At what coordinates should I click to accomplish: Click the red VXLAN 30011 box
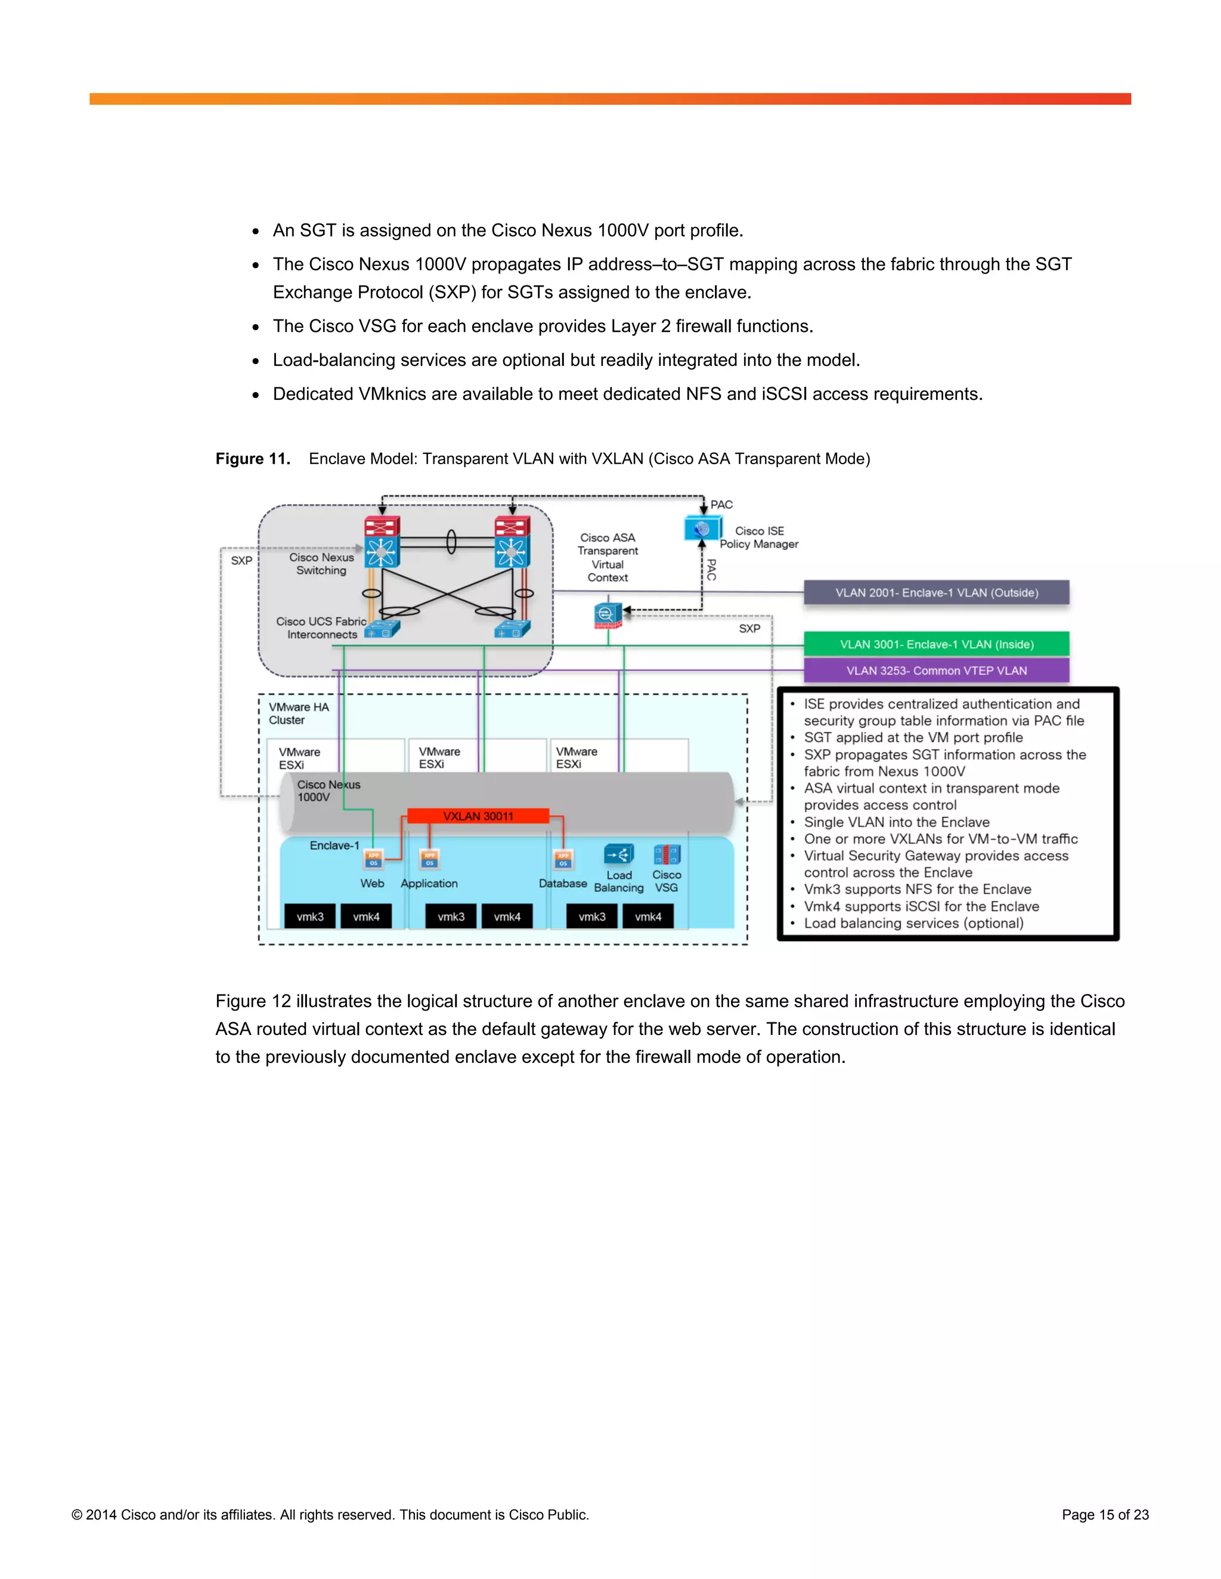478,816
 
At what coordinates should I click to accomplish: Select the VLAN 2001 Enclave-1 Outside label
936,593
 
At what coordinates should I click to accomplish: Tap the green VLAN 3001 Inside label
936,644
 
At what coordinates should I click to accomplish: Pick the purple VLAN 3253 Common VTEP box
936,670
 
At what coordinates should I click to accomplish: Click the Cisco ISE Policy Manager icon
701,529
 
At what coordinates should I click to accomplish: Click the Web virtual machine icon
373,859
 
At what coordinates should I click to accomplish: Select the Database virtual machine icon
563,859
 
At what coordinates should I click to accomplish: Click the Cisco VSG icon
666,855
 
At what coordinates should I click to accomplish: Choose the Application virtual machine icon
430,859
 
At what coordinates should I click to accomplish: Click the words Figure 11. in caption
252,459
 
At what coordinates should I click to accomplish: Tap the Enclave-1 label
334,845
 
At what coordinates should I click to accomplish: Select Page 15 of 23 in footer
1105,1515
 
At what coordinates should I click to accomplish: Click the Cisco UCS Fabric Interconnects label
321,628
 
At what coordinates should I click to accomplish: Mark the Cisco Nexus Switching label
321,564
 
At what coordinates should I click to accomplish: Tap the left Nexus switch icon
382,542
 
